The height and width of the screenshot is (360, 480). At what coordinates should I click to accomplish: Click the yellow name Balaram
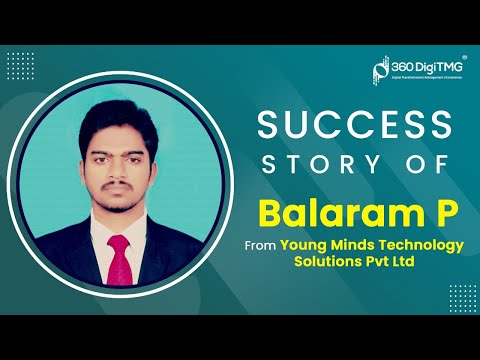click(x=313, y=212)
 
